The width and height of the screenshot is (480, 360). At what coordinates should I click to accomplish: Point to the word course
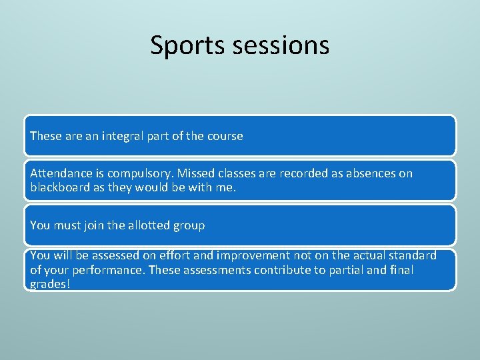[225, 136]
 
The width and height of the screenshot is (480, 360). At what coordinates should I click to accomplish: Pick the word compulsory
[142, 173]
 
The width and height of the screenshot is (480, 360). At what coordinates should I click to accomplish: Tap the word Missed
[195, 173]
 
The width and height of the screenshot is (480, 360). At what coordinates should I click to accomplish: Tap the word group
[189, 225]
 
